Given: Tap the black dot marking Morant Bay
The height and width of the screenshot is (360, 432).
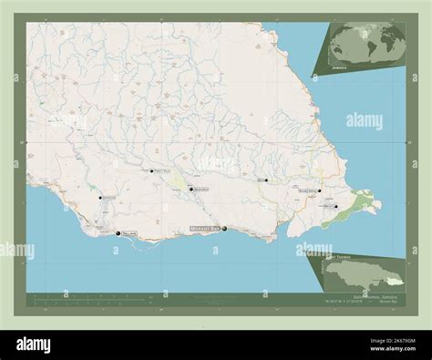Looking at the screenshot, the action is [x=224, y=228].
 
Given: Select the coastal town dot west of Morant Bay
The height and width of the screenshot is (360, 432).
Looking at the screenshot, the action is [x=118, y=233].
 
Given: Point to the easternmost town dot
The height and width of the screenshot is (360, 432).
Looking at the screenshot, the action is [x=336, y=206].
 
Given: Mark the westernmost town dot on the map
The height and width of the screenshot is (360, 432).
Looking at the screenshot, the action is [x=100, y=196].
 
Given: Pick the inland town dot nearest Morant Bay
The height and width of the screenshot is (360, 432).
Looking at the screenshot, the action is [x=191, y=189].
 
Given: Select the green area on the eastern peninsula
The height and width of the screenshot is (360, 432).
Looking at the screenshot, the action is [x=362, y=201].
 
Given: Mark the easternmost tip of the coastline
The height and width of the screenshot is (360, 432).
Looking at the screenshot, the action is [x=380, y=204].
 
